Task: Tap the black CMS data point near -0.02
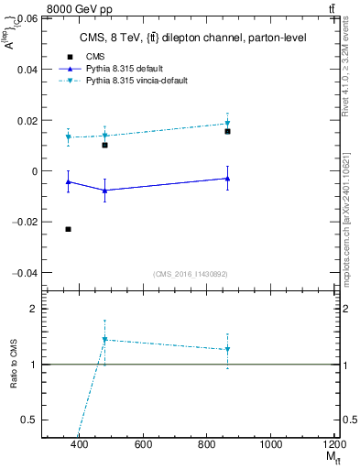69,229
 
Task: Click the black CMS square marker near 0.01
105,145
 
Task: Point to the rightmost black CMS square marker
227,131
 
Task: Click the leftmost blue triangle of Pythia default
69,182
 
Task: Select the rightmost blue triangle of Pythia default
227,179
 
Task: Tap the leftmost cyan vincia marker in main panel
69,137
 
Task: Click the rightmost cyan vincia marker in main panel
227,123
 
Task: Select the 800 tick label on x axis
206,445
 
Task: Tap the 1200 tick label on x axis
333,445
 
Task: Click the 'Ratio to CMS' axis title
13,364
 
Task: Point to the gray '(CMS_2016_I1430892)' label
191,274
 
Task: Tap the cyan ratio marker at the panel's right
227,349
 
